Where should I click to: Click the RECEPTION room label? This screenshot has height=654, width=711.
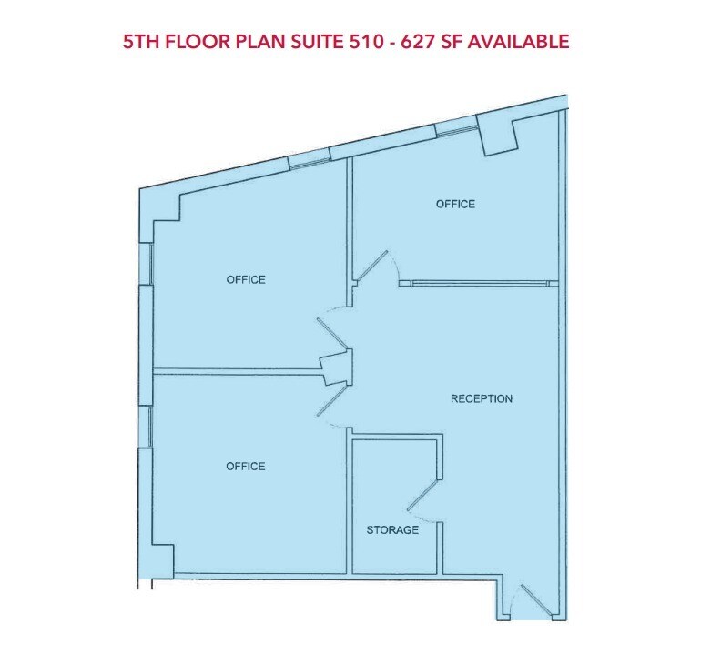point(482,398)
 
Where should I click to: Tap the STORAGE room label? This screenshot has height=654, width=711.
point(392,529)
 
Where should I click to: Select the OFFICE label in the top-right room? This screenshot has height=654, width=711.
point(455,204)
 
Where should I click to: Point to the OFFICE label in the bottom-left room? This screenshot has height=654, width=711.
point(245,466)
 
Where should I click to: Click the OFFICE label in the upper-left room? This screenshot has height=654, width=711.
point(246,279)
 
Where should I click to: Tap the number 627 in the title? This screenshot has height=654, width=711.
point(427,41)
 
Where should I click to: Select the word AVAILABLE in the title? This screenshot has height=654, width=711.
point(523,41)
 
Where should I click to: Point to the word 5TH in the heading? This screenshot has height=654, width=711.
point(142,41)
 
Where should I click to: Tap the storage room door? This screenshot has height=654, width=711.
point(423,497)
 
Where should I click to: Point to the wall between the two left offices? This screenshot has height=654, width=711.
point(237,370)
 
